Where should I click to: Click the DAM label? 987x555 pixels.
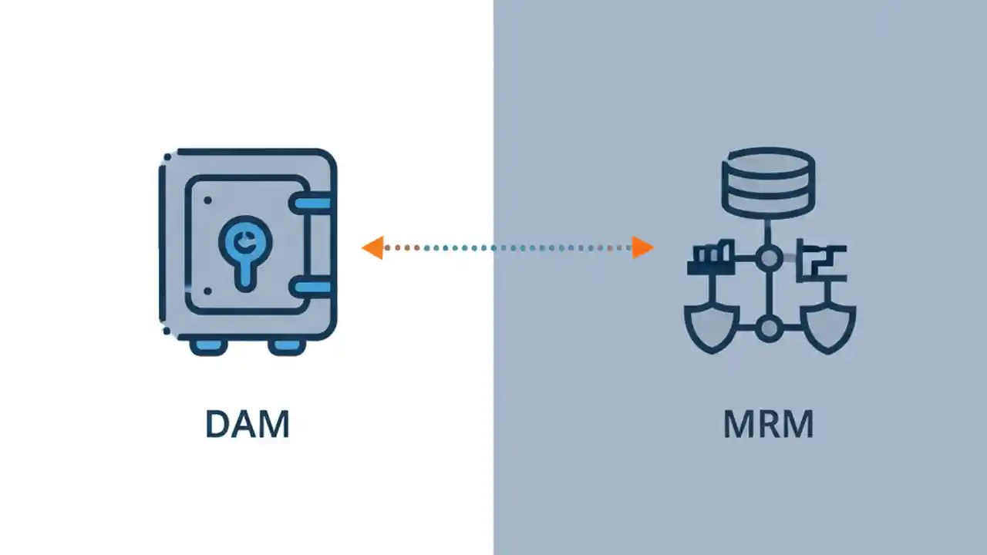pyautogui.click(x=248, y=425)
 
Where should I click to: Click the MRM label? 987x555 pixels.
pyautogui.click(x=768, y=425)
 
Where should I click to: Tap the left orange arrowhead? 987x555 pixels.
pyautogui.click(x=372, y=247)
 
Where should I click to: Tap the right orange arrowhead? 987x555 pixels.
pyautogui.click(x=642, y=247)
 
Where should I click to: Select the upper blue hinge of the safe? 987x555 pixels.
pyautogui.click(x=311, y=203)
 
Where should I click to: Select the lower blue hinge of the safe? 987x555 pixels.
pyautogui.click(x=311, y=288)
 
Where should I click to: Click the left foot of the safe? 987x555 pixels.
pyautogui.click(x=208, y=346)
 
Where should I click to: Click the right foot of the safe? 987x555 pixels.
pyautogui.click(x=287, y=346)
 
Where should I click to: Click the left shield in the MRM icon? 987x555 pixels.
pyautogui.click(x=711, y=325)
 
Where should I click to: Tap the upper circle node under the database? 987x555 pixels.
pyautogui.click(x=768, y=258)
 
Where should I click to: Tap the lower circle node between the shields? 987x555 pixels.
pyautogui.click(x=768, y=330)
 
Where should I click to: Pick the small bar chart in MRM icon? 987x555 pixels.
pyautogui.click(x=707, y=257)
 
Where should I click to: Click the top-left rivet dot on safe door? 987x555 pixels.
pyautogui.click(x=207, y=200)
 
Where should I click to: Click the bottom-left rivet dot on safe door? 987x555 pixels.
pyautogui.click(x=207, y=291)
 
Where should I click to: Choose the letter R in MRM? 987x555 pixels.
pyautogui.click(x=769, y=425)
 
